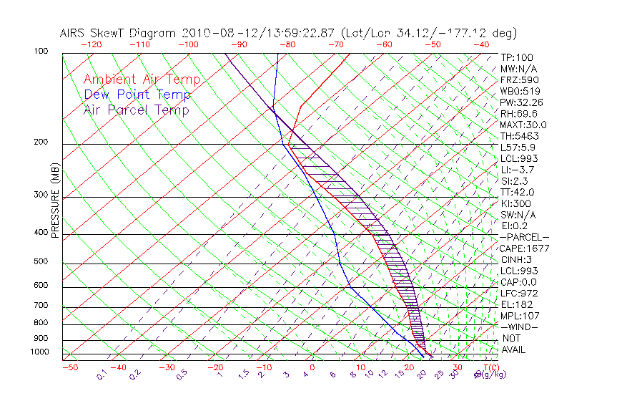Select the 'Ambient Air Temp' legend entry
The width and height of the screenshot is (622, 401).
[142, 79]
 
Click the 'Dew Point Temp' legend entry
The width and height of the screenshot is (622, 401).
[137, 95]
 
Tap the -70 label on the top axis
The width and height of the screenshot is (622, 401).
[336, 44]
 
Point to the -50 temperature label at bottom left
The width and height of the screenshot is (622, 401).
[69, 367]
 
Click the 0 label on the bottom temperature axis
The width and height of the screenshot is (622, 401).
[312, 367]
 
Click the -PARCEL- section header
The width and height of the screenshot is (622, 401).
[524, 237]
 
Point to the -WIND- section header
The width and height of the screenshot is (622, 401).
[519, 327]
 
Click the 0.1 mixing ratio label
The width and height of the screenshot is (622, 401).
[102, 374]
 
